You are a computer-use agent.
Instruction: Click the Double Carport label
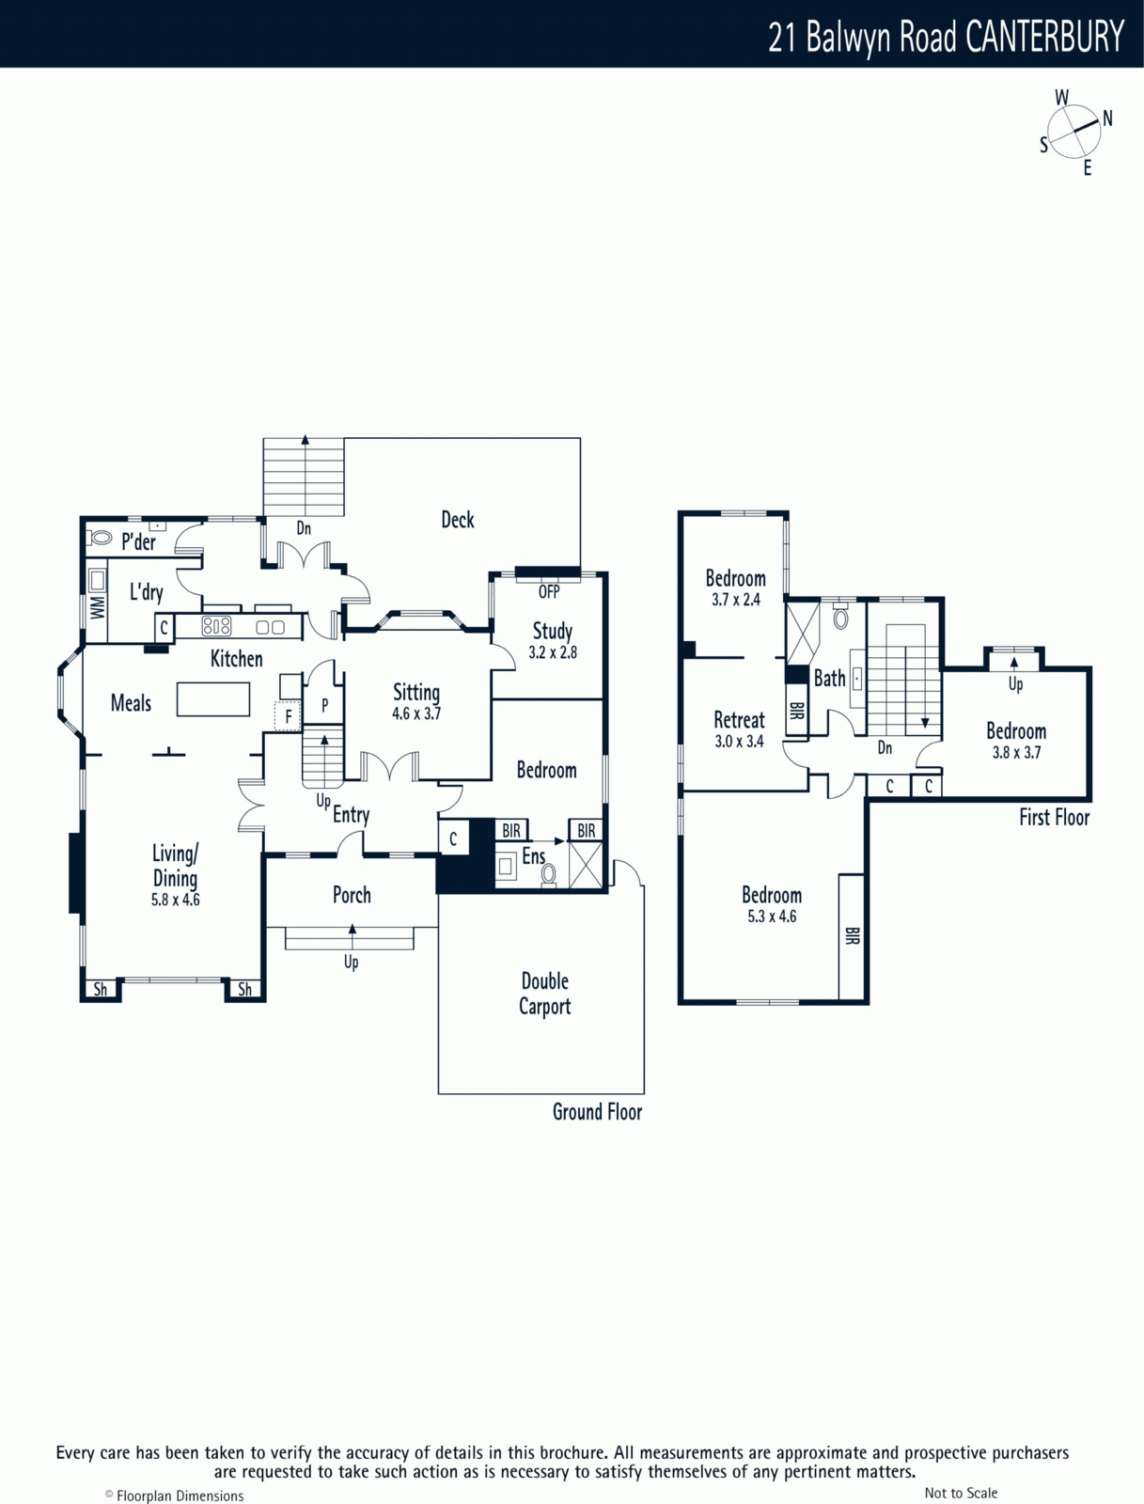544,994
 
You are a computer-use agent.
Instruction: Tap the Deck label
458,520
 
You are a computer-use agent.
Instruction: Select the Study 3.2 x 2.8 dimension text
553,652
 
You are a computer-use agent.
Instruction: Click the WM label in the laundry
97,607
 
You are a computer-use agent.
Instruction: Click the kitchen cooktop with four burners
216,626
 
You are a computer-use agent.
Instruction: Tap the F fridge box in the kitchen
289,716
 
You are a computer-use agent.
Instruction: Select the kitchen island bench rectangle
213,699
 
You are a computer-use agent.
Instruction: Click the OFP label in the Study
549,592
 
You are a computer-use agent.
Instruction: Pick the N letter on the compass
1107,118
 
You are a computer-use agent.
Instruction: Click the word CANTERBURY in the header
1044,37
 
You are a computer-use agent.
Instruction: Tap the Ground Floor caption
597,1111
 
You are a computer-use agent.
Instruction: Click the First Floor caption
1055,818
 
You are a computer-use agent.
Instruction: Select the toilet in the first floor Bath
840,615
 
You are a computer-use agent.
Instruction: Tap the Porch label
352,895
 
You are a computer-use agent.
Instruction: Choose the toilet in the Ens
549,875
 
